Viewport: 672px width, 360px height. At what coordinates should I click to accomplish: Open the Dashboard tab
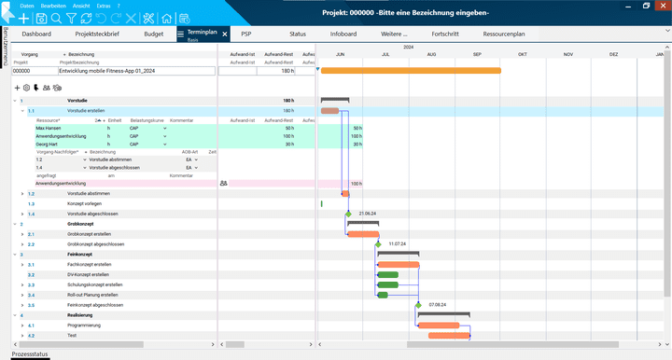pyautogui.click(x=37, y=34)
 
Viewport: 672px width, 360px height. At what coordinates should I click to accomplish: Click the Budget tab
pyautogui.click(x=153, y=34)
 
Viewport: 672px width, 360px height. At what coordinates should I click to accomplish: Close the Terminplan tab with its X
pyautogui.click(x=225, y=34)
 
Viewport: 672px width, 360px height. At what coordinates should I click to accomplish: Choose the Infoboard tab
pyautogui.click(x=343, y=34)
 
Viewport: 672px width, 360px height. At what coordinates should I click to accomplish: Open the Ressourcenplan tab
pyautogui.click(x=504, y=34)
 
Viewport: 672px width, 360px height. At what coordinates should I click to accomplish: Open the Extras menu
pyautogui.click(x=103, y=6)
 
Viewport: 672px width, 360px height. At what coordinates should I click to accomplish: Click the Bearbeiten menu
pyautogui.click(x=53, y=6)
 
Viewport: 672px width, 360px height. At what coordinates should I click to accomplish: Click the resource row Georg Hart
pyautogui.click(x=48, y=145)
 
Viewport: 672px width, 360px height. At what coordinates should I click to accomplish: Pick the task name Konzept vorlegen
pyautogui.click(x=85, y=203)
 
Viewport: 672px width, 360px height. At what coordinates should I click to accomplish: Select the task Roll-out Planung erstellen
pyautogui.click(x=92, y=295)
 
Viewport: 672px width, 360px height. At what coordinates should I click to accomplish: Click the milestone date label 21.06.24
pyautogui.click(x=367, y=214)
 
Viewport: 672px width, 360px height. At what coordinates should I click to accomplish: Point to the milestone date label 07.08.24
pyautogui.click(x=438, y=305)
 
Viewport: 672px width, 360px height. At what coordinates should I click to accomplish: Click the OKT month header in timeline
pyautogui.click(x=523, y=54)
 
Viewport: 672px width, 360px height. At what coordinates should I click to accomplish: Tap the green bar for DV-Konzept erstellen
pyautogui.click(x=387, y=275)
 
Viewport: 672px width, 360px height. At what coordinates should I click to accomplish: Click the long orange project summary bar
pyautogui.click(x=411, y=70)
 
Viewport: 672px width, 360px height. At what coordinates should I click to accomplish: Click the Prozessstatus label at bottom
pyautogui.click(x=29, y=354)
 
